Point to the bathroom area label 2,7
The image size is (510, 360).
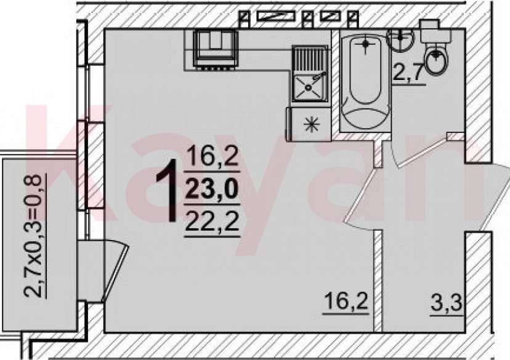point(408,73)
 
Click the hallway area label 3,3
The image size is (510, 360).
point(446,305)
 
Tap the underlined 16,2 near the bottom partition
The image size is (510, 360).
point(346,302)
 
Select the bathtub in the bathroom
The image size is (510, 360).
point(365,81)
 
